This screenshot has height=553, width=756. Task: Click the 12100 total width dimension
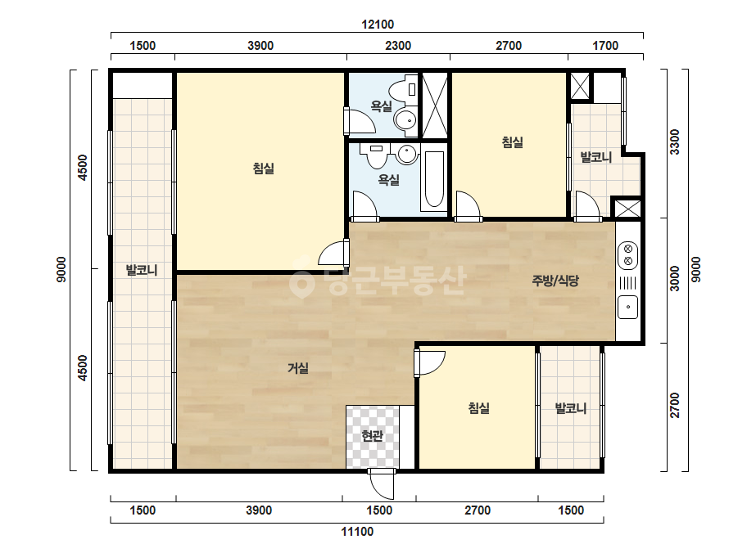(x=378, y=24)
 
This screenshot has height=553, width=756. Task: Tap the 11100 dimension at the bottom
(x=357, y=532)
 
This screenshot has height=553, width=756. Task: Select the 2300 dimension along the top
(x=398, y=46)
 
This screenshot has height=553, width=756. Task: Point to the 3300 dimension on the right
(x=675, y=142)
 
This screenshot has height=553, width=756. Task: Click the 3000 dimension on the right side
(x=675, y=278)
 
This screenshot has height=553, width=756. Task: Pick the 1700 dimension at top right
(x=605, y=46)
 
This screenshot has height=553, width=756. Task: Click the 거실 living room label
(x=298, y=368)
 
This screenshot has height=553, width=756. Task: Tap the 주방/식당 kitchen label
(x=555, y=281)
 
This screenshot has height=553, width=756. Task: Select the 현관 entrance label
(x=372, y=436)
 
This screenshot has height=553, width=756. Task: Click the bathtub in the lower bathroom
(x=434, y=181)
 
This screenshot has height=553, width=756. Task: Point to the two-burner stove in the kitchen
(x=627, y=255)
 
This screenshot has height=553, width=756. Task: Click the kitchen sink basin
(x=627, y=307)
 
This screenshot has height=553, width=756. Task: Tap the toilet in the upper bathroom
(x=403, y=90)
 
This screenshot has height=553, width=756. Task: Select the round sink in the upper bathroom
(x=405, y=119)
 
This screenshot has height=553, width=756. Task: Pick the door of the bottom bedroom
(x=429, y=362)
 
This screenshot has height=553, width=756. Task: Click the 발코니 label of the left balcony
(x=142, y=270)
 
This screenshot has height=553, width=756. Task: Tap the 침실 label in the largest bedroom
(x=263, y=169)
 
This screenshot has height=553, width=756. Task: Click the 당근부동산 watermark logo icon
(x=301, y=281)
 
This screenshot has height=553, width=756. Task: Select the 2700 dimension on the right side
(x=675, y=405)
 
